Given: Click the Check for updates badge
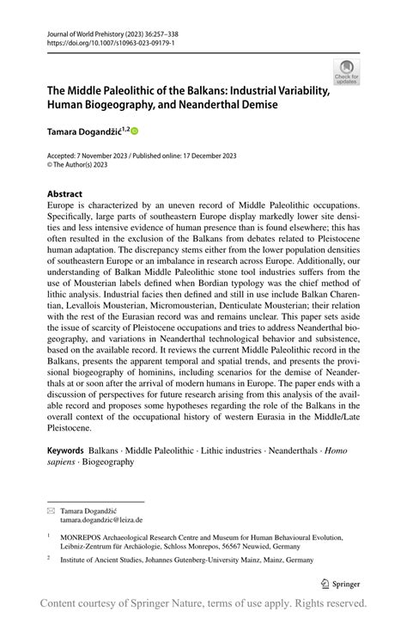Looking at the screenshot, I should point(348,71).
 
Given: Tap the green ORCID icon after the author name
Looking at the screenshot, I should point(134,131).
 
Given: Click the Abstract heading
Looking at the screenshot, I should point(65,193).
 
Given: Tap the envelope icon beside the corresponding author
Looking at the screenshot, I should point(51,510).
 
